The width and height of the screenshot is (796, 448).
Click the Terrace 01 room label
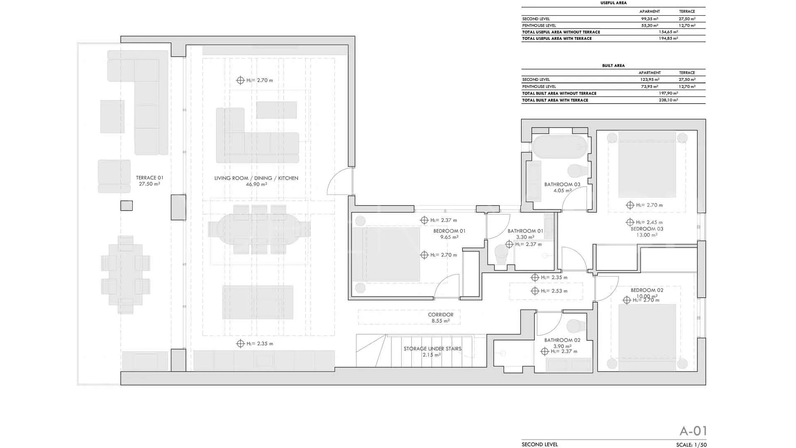coord(149,181)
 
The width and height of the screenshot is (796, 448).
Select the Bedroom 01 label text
coord(449,231)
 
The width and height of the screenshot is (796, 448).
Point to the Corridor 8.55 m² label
coord(441,318)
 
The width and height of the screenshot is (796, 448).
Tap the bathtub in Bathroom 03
coord(560,146)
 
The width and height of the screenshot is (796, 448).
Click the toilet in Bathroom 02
coord(576,326)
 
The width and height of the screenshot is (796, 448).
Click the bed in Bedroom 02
coord(647,337)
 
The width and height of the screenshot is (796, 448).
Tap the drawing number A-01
coord(693,431)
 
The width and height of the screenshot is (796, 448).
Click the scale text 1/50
coord(700,445)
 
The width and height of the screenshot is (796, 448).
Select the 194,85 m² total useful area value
coord(668,39)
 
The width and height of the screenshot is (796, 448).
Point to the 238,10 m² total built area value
coord(668,100)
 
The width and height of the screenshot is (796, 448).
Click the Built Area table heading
coord(613,66)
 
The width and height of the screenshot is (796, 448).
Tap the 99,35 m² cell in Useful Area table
coord(650,19)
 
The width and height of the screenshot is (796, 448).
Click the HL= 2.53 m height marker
coord(550,291)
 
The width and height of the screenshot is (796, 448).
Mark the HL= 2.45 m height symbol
coord(645,222)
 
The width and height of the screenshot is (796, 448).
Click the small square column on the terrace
coord(126,205)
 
